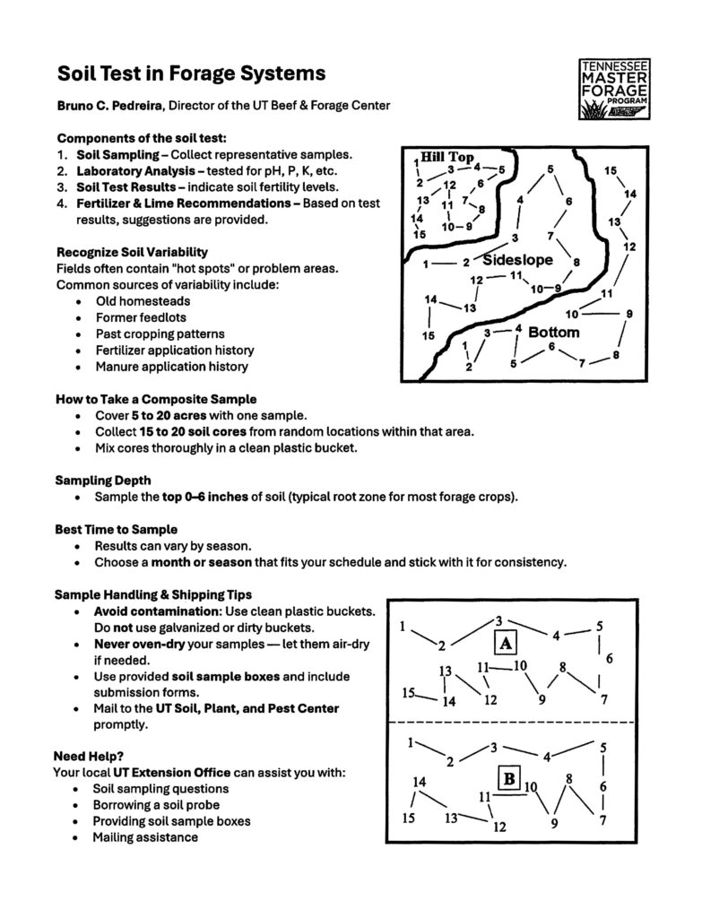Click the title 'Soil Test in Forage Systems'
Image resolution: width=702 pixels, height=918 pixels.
pos(191,73)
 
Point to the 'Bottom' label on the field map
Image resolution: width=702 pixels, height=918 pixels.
pos(553,332)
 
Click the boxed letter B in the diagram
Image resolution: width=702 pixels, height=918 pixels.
pos(508,778)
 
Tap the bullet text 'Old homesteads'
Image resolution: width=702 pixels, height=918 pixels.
pos(142,301)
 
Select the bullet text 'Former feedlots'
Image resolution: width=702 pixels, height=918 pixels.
pos(140,317)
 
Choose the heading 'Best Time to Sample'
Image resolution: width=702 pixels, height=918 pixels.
pos(116,529)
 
